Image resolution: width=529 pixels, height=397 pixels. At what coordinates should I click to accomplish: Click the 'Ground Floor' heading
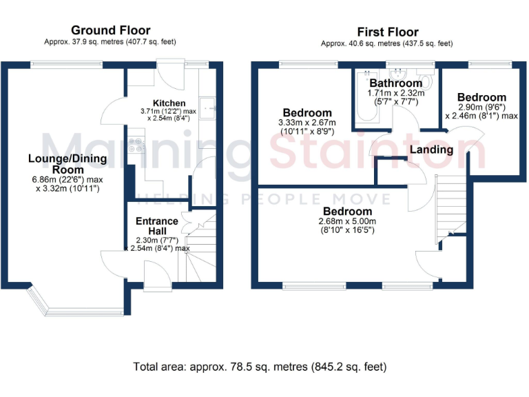(110, 30)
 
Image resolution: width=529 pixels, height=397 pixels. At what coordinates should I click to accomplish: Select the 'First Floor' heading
(387, 32)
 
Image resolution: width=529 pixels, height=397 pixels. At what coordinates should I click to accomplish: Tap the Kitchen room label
(168, 103)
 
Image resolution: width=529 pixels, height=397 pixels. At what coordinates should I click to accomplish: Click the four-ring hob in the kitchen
(138, 145)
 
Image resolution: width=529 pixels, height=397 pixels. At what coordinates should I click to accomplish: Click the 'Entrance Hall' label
(156, 226)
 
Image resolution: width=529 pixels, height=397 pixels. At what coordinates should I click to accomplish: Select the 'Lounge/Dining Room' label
(68, 164)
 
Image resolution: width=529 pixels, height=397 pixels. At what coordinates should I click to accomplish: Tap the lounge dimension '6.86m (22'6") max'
(68, 180)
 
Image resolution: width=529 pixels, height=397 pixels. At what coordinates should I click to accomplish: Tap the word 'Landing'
(432, 150)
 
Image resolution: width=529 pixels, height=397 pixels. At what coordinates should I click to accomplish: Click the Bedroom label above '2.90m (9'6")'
(482, 98)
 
